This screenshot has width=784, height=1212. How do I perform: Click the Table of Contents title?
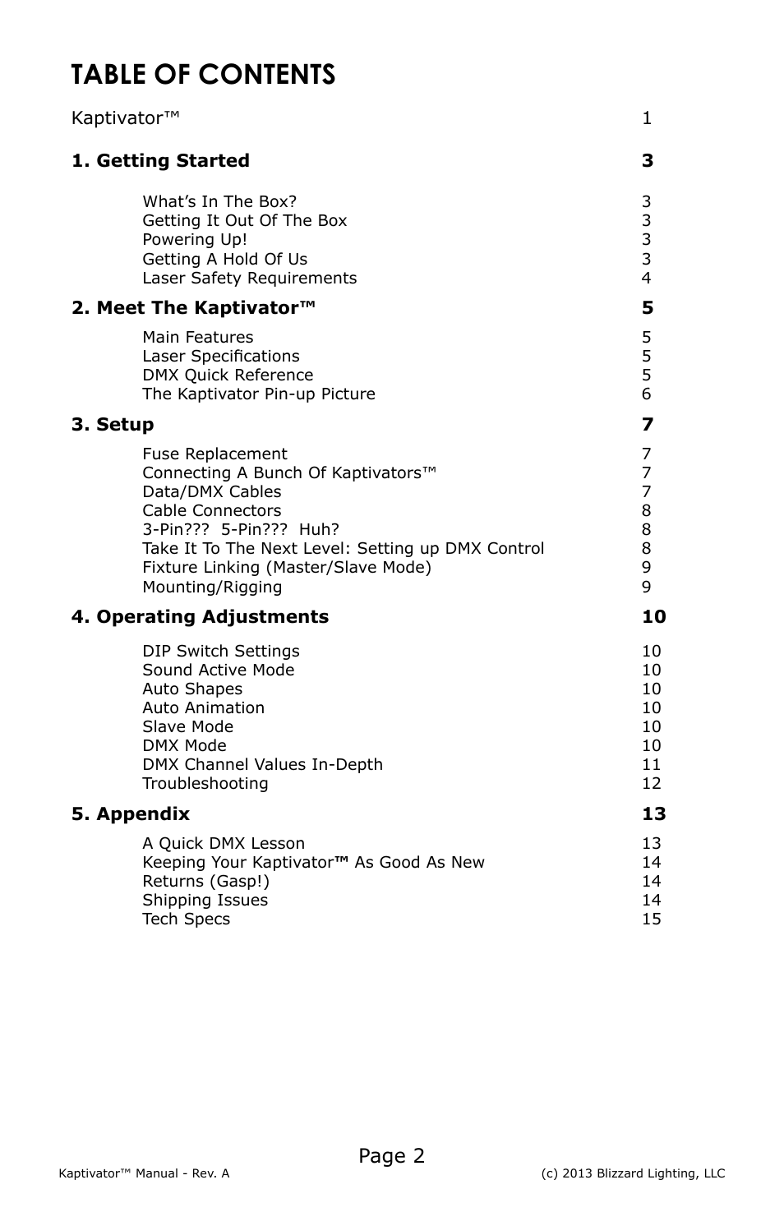(203, 75)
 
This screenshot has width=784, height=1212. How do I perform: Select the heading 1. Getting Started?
(160, 161)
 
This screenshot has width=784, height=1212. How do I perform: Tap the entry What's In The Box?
(219, 202)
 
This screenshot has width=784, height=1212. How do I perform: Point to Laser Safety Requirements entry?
(249, 279)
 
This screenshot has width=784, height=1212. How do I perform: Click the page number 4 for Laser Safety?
(646, 279)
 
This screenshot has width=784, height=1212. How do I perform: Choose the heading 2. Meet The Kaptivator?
(193, 308)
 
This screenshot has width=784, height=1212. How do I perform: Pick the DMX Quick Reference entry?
(228, 376)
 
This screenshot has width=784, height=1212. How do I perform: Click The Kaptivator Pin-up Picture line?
(258, 394)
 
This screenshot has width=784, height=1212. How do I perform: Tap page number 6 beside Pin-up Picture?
(646, 394)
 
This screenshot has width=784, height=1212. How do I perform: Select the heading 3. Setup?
(113, 425)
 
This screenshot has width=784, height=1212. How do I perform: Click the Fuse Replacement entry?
(214, 454)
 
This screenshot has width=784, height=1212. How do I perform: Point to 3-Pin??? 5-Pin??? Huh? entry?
(241, 530)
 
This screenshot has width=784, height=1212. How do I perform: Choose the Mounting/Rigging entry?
(212, 588)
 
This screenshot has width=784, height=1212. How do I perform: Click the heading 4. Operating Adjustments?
(200, 617)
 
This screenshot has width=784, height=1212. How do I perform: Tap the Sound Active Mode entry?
(218, 671)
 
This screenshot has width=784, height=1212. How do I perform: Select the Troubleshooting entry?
(205, 784)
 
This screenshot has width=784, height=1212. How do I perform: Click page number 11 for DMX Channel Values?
(651, 765)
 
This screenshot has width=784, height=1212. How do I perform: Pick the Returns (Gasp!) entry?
(205, 882)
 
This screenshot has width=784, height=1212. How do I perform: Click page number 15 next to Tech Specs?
(651, 919)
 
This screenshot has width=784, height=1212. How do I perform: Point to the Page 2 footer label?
(391, 1156)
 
